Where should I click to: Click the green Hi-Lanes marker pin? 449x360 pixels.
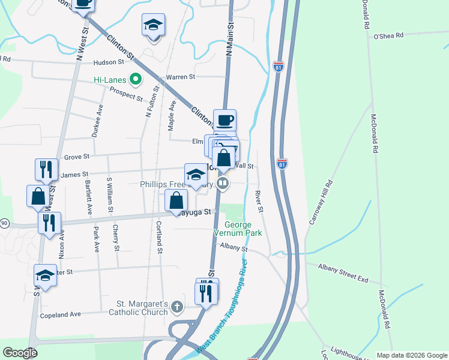(136, 79)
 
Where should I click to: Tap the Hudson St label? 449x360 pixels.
(109, 62)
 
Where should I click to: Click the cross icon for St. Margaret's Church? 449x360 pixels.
(176, 307)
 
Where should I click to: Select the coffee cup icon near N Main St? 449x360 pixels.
(224, 121)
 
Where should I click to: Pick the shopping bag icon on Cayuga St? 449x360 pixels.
(176, 201)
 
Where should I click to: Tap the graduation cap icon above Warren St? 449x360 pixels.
(153, 25)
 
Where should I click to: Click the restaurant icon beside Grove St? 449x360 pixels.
(46, 169)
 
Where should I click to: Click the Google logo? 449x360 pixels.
(19, 353)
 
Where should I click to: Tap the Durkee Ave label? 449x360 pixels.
(97, 121)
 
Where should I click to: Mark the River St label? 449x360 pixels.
(259, 202)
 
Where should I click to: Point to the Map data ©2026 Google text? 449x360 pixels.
(411, 355)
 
